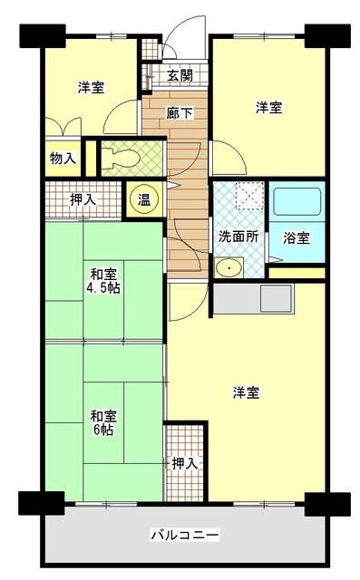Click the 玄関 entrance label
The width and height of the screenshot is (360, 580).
180,75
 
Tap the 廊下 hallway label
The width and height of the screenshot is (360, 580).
178,113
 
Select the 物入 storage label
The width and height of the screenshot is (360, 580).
63,159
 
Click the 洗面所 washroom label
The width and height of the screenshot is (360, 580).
238,237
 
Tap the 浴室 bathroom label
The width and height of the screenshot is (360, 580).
296,238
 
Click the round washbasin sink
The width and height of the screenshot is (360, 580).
229,267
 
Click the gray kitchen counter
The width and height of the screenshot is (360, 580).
256,298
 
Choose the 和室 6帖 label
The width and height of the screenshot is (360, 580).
102,423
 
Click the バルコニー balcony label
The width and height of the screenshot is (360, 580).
180,536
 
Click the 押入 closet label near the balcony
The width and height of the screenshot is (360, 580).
185,463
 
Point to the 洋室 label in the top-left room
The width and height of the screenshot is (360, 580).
90,88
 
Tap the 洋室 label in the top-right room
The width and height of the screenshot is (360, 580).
268,108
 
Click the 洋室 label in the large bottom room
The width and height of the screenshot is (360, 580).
247,392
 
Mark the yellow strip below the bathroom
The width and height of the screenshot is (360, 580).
296,273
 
